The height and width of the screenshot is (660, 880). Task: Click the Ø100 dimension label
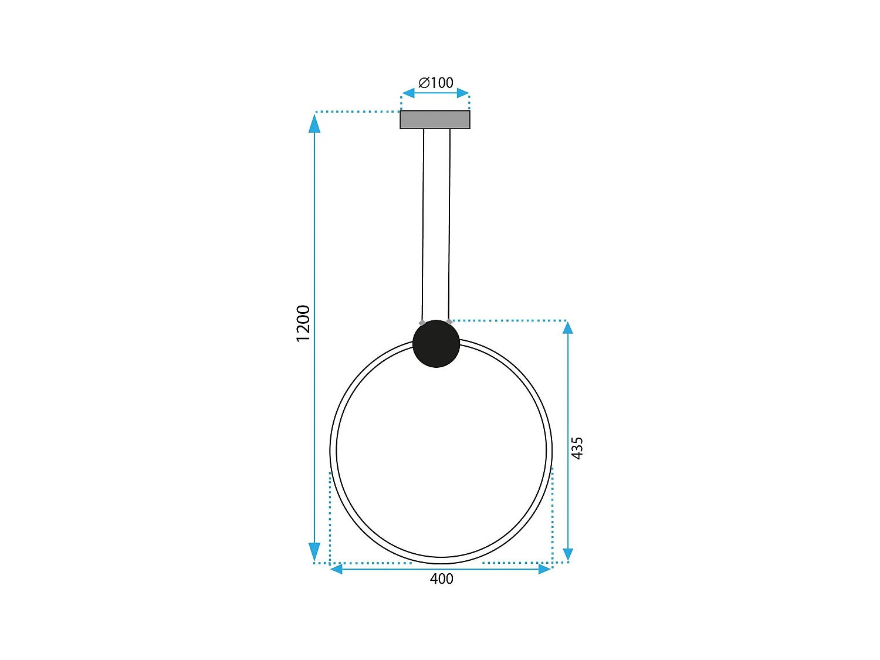(436, 83)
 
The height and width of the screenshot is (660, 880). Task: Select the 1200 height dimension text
(303, 323)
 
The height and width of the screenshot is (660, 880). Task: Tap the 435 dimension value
(577, 448)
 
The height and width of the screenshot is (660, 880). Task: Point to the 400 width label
(441, 579)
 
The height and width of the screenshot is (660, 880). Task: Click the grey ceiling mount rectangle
(435, 120)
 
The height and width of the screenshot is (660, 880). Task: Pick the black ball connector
(436, 344)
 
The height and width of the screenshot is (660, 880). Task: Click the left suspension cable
(423, 223)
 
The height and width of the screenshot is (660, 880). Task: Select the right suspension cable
(449, 223)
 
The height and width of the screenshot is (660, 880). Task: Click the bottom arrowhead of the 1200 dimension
(314, 552)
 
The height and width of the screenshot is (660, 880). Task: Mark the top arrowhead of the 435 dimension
(567, 327)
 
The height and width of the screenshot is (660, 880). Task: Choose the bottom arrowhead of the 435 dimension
(567, 554)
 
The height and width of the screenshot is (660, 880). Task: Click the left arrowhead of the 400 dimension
(336, 569)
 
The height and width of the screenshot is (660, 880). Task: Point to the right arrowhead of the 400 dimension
(544, 569)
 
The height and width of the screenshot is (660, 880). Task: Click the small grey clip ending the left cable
(422, 322)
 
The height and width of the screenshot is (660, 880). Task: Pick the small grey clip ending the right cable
(449, 321)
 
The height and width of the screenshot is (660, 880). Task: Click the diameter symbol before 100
(424, 83)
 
